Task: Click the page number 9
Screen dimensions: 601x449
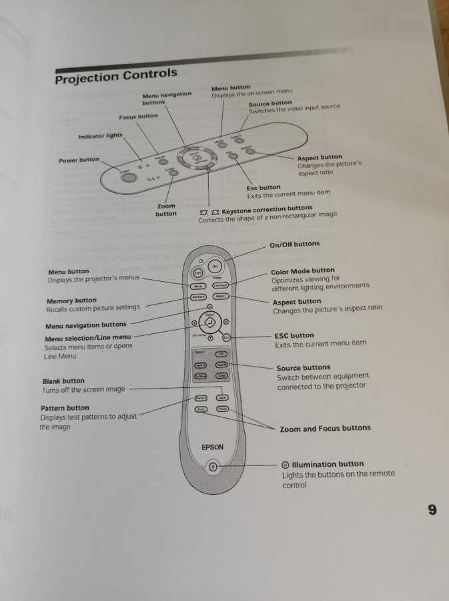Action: [x=432, y=510]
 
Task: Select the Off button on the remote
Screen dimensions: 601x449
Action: [x=198, y=273]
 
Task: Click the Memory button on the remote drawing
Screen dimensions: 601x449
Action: [x=198, y=296]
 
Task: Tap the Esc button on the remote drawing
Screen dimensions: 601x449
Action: [x=226, y=338]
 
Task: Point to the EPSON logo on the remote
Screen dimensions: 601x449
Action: [x=212, y=447]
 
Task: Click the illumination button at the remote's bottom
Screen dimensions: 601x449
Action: [x=212, y=466]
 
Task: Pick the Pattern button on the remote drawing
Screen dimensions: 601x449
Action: [x=201, y=398]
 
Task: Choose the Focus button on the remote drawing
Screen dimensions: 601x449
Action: [x=222, y=408]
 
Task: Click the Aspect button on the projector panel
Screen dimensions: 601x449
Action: [x=250, y=152]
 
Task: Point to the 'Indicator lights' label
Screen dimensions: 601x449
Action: [x=100, y=136]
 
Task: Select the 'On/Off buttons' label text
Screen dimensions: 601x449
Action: [x=294, y=244]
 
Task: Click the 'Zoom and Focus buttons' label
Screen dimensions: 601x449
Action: [x=325, y=428]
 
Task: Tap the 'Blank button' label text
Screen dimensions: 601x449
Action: [x=63, y=381]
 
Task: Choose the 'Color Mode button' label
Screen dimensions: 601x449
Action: [x=303, y=271]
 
